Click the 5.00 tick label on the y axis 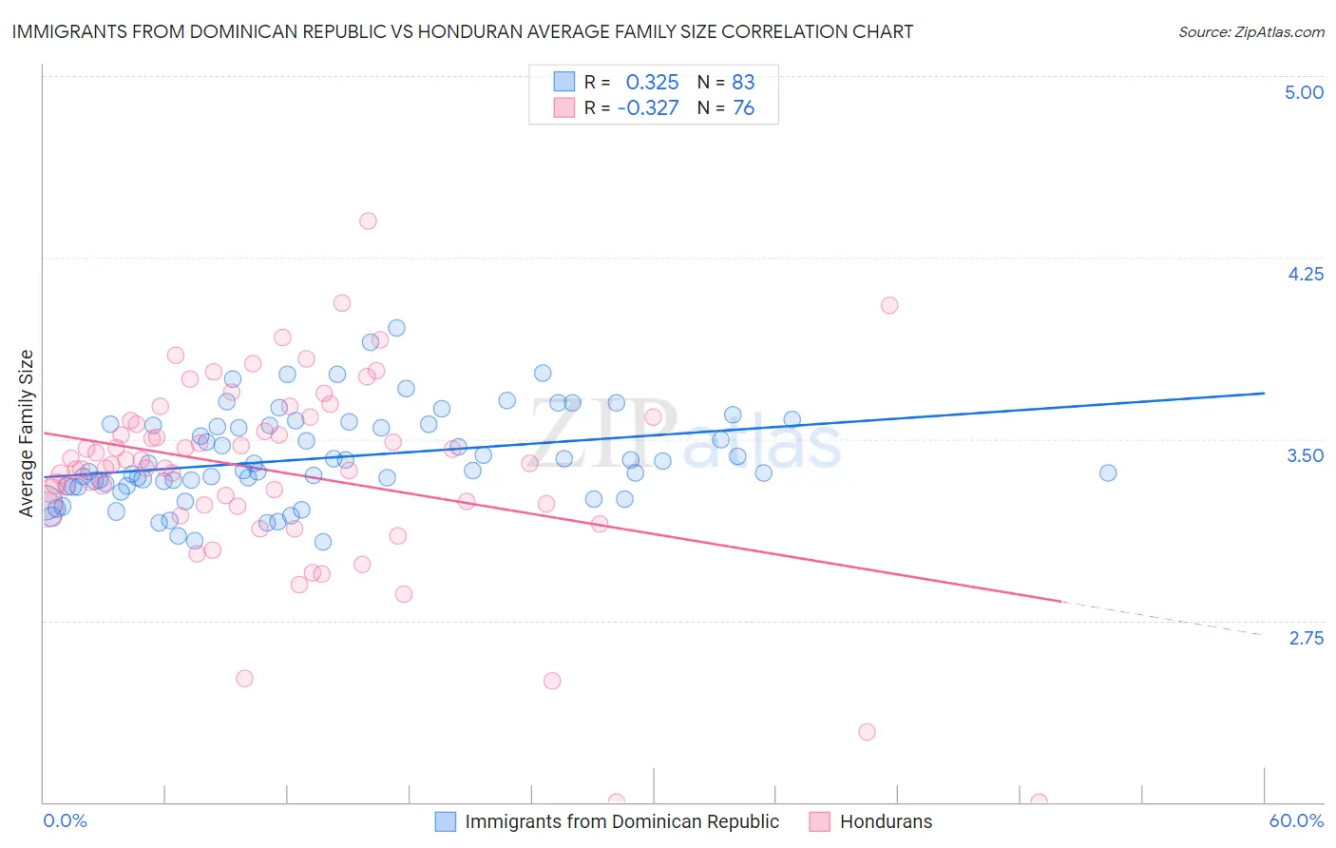click(x=1304, y=92)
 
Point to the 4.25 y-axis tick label click(x=1305, y=274)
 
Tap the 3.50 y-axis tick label click(x=1305, y=455)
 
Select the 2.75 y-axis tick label click(x=1306, y=638)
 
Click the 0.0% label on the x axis click(x=65, y=821)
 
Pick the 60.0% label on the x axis click(x=1295, y=821)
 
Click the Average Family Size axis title click(x=27, y=434)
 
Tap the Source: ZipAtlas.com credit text click(x=1250, y=32)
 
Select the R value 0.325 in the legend click(x=652, y=82)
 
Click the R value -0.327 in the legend click(x=648, y=108)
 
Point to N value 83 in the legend click(x=743, y=82)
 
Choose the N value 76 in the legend click(x=743, y=108)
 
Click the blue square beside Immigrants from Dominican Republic click(x=446, y=821)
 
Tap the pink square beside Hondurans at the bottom click(x=820, y=821)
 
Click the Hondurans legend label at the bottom click(x=886, y=821)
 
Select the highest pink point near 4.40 click(x=368, y=221)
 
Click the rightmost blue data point click(x=1107, y=472)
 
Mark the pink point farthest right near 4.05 click(x=889, y=305)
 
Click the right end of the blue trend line click(x=1264, y=393)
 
